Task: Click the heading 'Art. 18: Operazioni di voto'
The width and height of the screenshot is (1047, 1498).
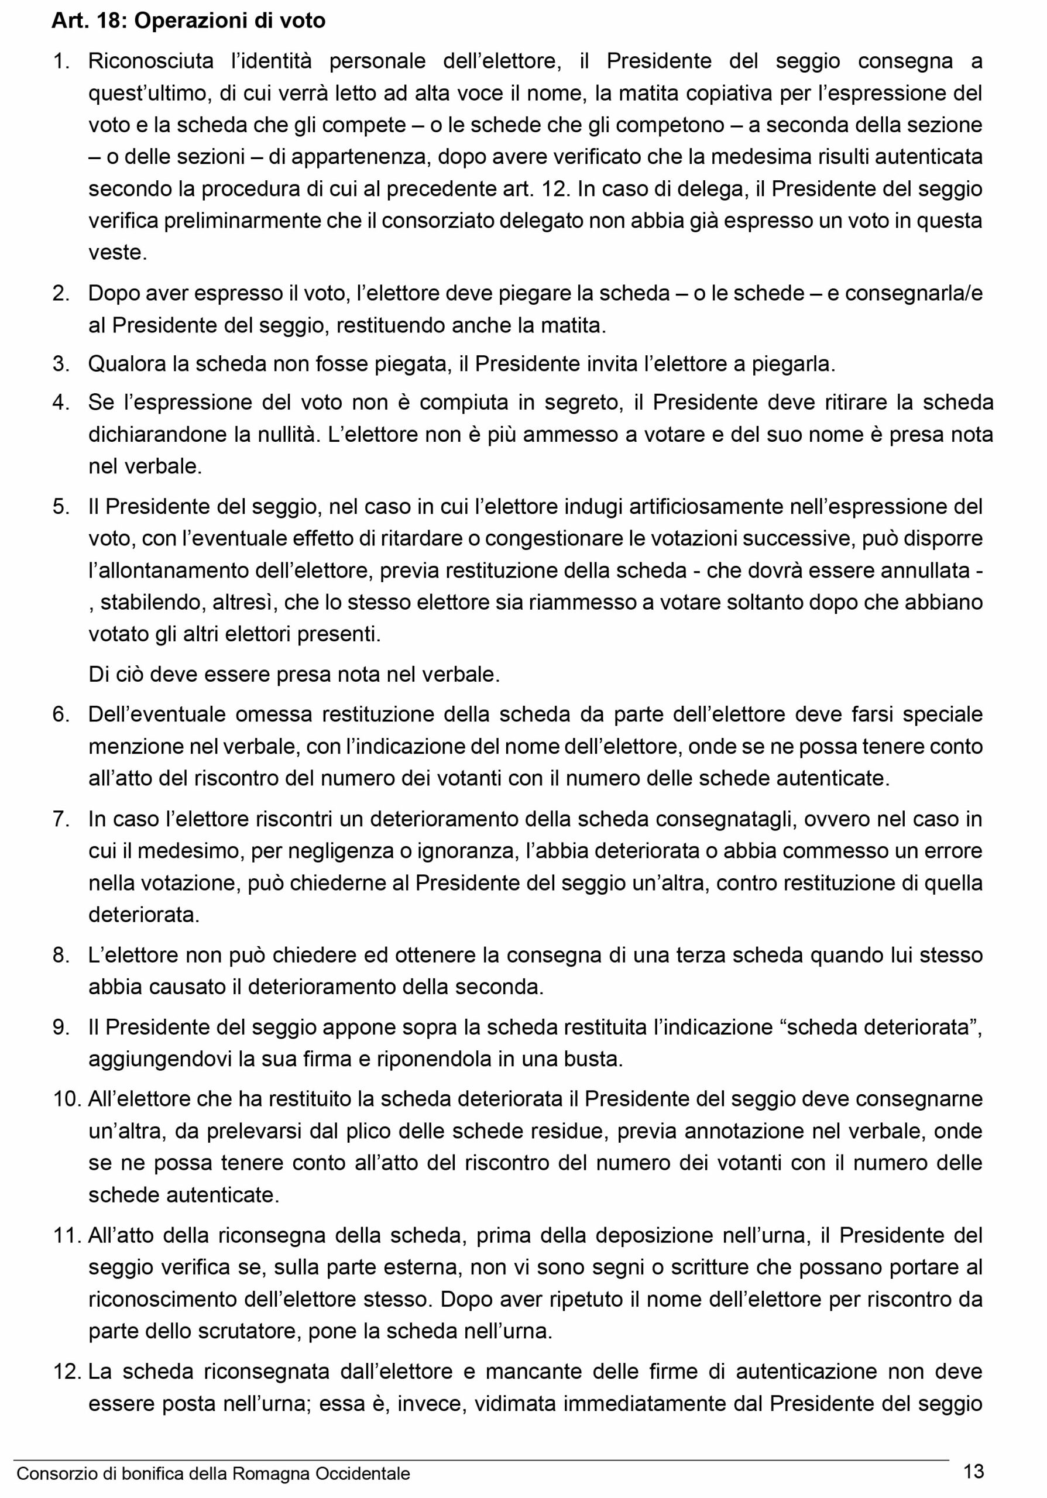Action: click(188, 22)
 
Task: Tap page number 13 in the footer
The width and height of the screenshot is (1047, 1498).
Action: click(973, 1471)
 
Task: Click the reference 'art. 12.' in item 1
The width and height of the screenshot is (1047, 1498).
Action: click(542, 189)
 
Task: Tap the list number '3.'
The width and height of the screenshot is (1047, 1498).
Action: click(61, 364)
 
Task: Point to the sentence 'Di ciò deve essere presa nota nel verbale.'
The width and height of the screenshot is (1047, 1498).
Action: click(294, 675)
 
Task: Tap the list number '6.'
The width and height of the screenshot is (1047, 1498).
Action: click(61, 714)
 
